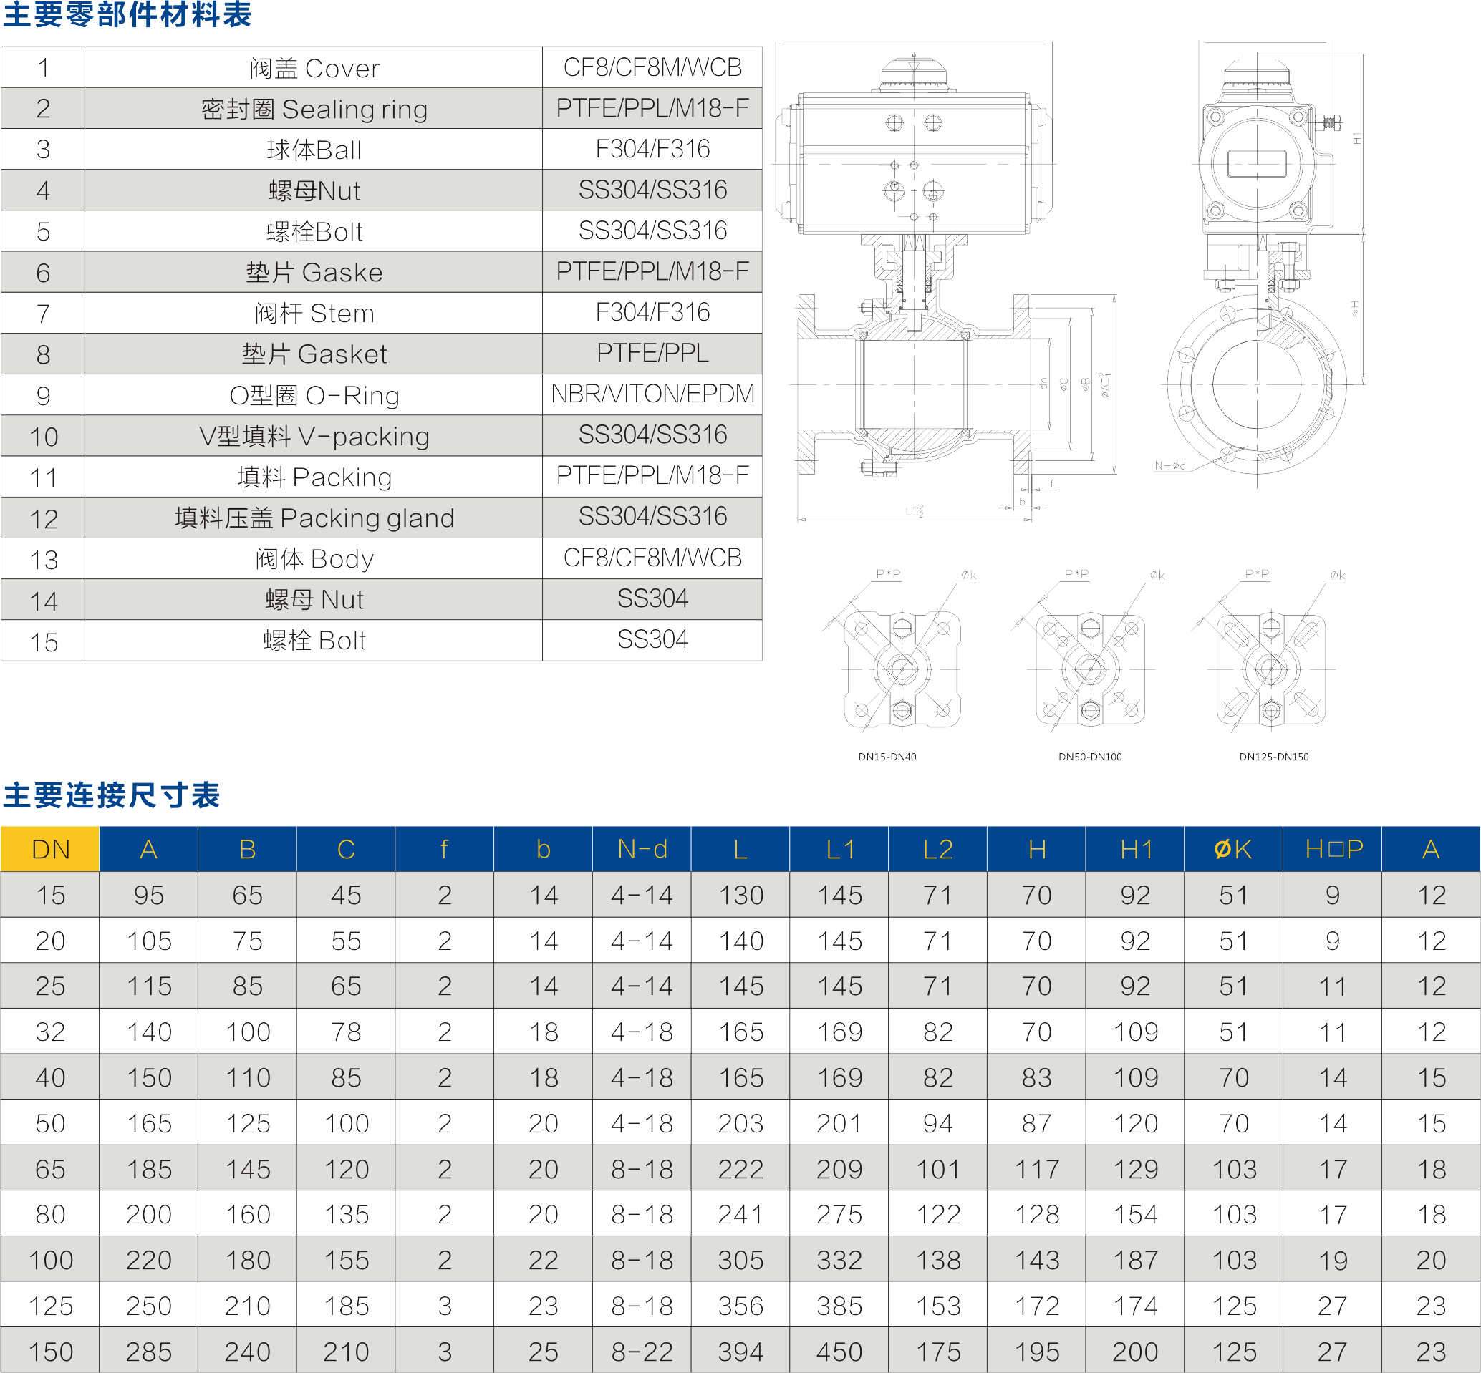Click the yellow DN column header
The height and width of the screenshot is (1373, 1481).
pyautogui.click(x=51, y=849)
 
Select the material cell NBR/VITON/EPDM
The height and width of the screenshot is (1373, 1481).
pyautogui.click(x=652, y=394)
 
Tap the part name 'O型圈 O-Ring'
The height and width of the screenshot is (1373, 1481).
pyautogui.click(x=314, y=395)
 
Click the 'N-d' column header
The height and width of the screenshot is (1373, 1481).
pyautogui.click(x=642, y=849)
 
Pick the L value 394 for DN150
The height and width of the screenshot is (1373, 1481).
pyautogui.click(x=741, y=1352)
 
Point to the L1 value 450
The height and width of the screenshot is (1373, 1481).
pyautogui.click(x=840, y=1352)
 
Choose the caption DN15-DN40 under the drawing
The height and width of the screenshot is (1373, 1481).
pyautogui.click(x=887, y=757)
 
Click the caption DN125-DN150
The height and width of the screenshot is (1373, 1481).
pyautogui.click(x=1274, y=757)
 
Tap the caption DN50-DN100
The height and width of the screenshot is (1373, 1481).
pyautogui.click(x=1090, y=757)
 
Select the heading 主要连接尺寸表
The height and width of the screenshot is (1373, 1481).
pyautogui.click(x=112, y=795)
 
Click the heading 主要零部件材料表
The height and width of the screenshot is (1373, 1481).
pyautogui.click(x=127, y=15)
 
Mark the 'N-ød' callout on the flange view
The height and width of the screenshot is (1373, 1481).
pyautogui.click(x=1169, y=466)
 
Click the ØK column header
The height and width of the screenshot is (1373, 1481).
pyautogui.click(x=1233, y=849)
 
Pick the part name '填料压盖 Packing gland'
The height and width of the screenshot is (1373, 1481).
pyautogui.click(x=314, y=518)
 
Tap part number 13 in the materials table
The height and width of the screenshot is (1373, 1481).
pyautogui.click(x=44, y=560)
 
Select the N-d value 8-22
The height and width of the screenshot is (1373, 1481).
pyautogui.click(x=642, y=1352)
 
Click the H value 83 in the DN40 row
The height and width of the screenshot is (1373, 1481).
pyautogui.click(x=1036, y=1077)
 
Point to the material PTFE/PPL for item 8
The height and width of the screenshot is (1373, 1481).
pyautogui.click(x=652, y=353)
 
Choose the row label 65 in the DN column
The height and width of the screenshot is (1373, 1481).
pyautogui.click(x=51, y=1169)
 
